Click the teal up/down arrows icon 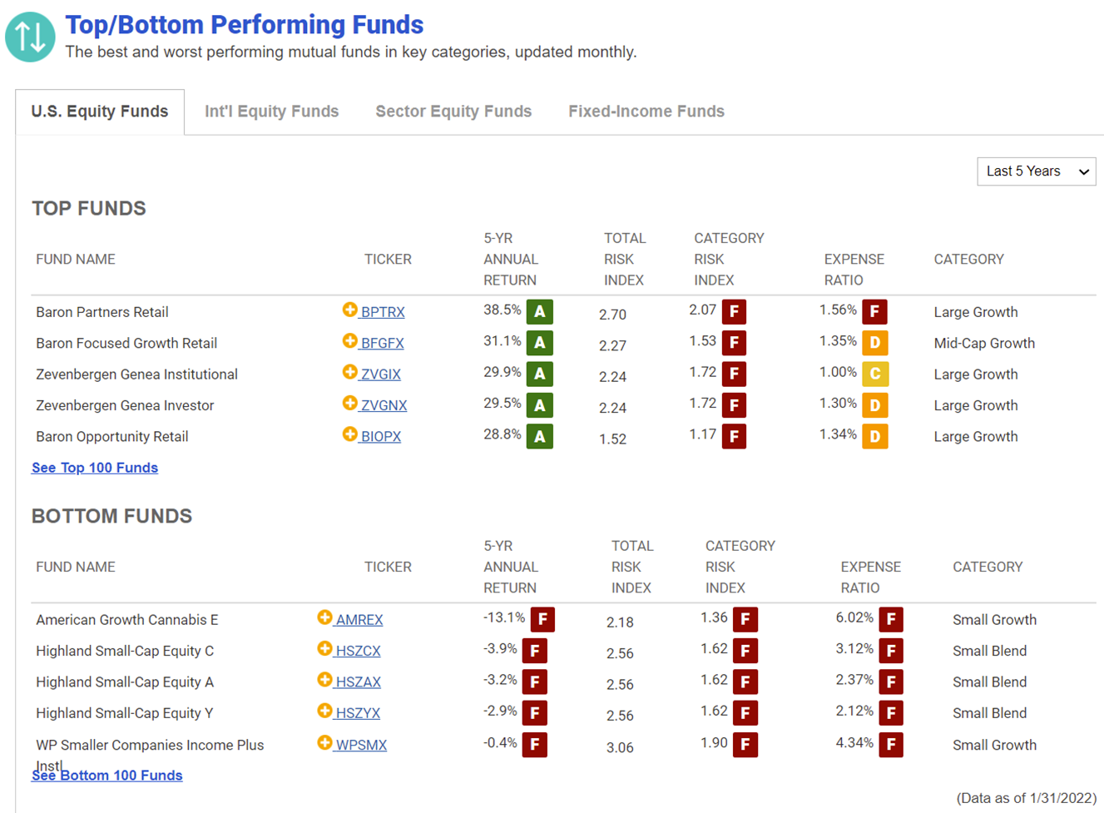tap(30, 37)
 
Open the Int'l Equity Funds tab tap(271, 112)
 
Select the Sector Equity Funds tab tap(453, 112)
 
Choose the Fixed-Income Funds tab tap(646, 112)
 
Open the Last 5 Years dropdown tap(1037, 171)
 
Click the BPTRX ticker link tap(383, 312)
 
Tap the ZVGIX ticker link tap(380, 374)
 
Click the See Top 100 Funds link tap(95, 468)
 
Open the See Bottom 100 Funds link tap(107, 776)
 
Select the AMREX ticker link tap(359, 620)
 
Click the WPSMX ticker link tap(361, 745)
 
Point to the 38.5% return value tap(502, 310)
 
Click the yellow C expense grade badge tap(875, 374)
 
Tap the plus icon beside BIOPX tap(349, 434)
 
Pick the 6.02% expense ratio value tap(854, 617)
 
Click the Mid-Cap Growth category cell tap(984, 343)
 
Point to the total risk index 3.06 tap(620, 747)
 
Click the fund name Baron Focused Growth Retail tap(126, 343)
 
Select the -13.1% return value tap(504, 617)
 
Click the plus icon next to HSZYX tap(324, 711)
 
